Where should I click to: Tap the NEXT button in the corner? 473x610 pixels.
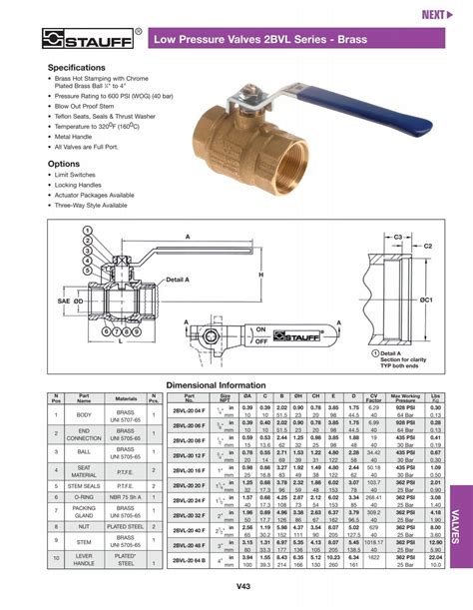[x=436, y=14]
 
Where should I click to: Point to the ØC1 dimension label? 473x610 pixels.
[x=427, y=300]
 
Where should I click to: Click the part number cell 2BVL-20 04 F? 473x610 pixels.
[x=189, y=410]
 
